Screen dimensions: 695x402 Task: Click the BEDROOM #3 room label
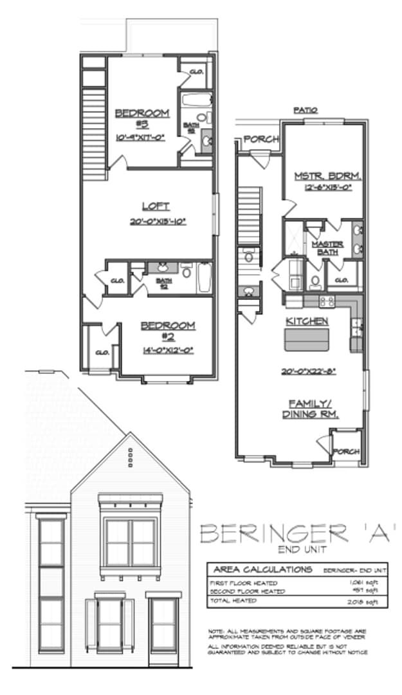click(142, 118)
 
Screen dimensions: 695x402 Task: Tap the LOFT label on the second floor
click(156, 207)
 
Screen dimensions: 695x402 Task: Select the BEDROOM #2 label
click(168, 331)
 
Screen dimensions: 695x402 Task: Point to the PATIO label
click(306, 111)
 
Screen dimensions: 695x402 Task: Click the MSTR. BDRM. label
click(327, 176)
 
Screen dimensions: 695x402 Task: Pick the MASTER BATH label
click(327, 248)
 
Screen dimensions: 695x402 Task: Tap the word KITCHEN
click(307, 320)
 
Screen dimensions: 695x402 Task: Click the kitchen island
click(307, 339)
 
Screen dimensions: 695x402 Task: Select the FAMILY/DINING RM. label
click(310, 409)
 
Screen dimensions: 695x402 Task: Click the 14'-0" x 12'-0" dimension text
click(168, 351)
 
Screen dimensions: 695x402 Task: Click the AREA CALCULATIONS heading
click(263, 570)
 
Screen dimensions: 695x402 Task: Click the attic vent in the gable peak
click(130, 457)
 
